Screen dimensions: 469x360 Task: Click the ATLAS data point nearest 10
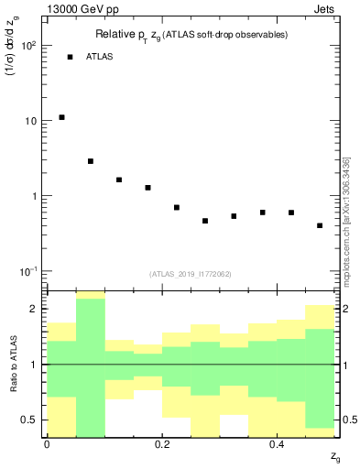pyautogui.click(x=61, y=117)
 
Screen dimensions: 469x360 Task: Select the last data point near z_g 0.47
pyautogui.click(x=320, y=225)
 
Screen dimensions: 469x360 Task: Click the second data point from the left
pyautogui.click(x=91, y=161)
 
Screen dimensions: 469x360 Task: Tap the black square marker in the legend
pyautogui.click(x=70, y=57)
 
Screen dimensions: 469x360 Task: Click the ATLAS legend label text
pyautogui.click(x=100, y=57)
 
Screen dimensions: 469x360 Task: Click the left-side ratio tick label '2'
pyautogui.click(x=34, y=310)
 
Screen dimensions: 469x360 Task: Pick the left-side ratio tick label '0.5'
pyautogui.click(x=29, y=420)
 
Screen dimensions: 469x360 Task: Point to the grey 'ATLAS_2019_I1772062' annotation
pyautogui.click(x=191, y=273)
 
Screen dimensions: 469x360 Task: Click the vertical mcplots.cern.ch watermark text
pyautogui.click(x=345, y=220)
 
